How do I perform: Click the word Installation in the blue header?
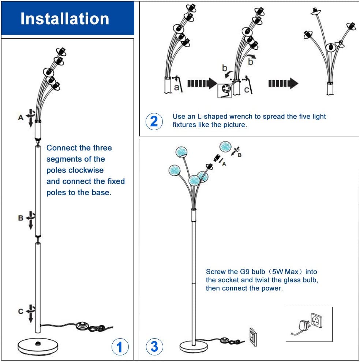click(x=65, y=19)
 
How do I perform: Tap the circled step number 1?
click(x=120, y=346)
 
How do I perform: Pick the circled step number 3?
click(x=154, y=346)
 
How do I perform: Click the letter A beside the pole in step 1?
click(x=20, y=117)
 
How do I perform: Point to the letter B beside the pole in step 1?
click(x=20, y=218)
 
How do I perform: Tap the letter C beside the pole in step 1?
click(x=20, y=311)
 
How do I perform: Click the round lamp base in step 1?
click(x=38, y=346)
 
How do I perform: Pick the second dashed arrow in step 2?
click(x=283, y=83)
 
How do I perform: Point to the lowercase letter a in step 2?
click(x=176, y=87)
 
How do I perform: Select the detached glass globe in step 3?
click(x=226, y=147)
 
